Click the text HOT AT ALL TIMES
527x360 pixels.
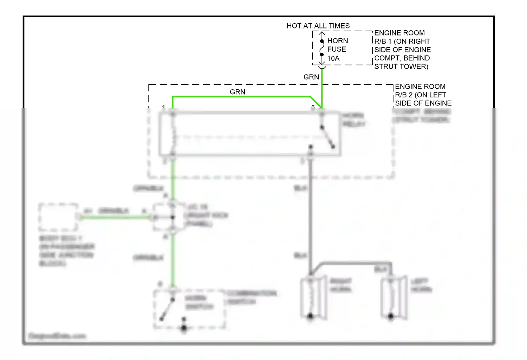point(318,26)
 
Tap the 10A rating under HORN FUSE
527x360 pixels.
point(333,58)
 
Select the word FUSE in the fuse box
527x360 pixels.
point(337,49)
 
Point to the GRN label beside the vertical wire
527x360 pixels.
point(311,77)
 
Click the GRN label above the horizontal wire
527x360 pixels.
point(238,92)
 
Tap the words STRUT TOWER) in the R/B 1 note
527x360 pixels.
point(401,66)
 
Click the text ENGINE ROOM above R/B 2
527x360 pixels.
point(420,86)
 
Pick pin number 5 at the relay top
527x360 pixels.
point(313,107)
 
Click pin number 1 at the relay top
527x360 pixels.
point(164,107)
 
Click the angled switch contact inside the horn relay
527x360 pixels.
point(327,137)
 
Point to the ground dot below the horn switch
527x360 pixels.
point(184,328)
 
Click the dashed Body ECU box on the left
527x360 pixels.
point(58,217)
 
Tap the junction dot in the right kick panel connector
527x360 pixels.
point(173,217)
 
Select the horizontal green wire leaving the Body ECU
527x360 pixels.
point(116,218)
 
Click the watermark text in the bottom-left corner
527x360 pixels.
point(57,336)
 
